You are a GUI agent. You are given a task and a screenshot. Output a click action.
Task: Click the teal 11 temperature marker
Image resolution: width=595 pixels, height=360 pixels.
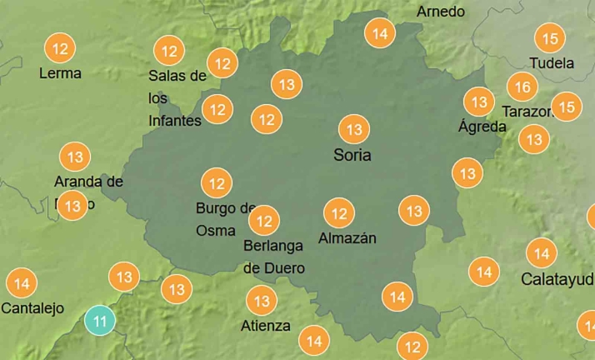[x=101, y=320]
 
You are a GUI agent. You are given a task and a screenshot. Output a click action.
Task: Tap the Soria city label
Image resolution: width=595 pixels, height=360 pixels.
[x=352, y=155]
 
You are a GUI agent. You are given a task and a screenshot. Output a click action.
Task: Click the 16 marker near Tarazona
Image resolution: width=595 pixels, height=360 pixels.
[x=522, y=87]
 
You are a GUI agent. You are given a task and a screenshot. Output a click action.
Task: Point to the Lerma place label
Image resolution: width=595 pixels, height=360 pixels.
[x=61, y=73]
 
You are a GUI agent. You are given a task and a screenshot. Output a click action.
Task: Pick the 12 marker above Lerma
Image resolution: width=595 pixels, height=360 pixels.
[x=60, y=49]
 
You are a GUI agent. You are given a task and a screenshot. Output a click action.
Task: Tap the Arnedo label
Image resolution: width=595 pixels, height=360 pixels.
[x=441, y=12]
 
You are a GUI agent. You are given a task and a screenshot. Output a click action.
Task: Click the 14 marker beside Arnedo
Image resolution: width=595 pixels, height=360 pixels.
[x=380, y=34]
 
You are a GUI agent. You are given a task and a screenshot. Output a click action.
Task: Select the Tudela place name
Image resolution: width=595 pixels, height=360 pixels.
[x=552, y=62]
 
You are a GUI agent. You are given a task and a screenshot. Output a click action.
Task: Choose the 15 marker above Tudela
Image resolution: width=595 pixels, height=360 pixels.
[x=550, y=37]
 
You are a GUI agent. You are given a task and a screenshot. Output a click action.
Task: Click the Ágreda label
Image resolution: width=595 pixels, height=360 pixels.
[x=482, y=127]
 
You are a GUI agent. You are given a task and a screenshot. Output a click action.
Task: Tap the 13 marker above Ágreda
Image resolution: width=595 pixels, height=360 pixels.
[x=479, y=102]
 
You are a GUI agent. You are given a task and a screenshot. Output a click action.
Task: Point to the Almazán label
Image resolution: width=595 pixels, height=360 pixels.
[x=347, y=238]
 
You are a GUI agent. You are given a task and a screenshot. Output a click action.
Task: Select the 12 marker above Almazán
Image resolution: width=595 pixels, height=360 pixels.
[x=339, y=213]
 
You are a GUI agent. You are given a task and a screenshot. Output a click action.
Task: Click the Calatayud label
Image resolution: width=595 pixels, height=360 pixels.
[x=557, y=278]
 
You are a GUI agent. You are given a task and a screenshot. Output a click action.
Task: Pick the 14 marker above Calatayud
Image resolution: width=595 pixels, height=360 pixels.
[x=542, y=252]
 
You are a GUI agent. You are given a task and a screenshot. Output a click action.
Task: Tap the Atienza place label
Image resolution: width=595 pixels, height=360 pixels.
[x=266, y=325]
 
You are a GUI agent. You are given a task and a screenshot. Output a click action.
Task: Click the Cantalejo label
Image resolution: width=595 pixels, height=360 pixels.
[x=32, y=308]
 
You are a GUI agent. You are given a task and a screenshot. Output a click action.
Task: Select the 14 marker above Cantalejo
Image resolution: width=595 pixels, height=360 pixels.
[x=22, y=283]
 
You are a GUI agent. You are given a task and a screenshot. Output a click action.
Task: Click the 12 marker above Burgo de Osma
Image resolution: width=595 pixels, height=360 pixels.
[x=217, y=182]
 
